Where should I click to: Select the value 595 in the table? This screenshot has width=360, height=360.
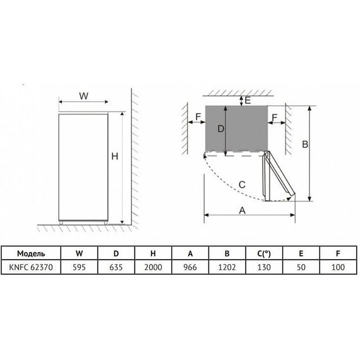80,267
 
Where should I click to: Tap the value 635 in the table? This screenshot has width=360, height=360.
116,267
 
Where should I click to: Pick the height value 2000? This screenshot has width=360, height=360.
153,267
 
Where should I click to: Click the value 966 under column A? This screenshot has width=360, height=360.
189,267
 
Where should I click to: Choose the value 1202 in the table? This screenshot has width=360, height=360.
226,267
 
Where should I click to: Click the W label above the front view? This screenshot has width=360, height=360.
83,96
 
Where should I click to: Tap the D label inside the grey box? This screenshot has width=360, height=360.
220,129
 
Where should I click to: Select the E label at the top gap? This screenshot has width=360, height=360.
248,100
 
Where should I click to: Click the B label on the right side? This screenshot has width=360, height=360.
304,145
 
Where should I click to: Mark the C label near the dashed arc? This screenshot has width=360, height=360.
242,184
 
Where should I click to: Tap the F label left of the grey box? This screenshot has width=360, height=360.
198,117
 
